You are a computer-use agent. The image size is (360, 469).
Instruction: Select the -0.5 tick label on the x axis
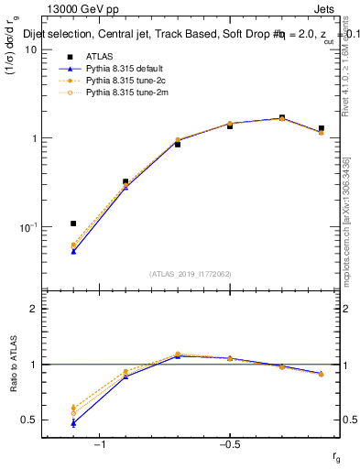[x=229, y=444]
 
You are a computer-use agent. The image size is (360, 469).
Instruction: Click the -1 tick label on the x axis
[x=100, y=444]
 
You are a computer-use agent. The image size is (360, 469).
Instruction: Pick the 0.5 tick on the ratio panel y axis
[x=29, y=420]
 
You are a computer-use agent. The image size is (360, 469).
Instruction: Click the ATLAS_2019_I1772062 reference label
[x=191, y=273]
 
